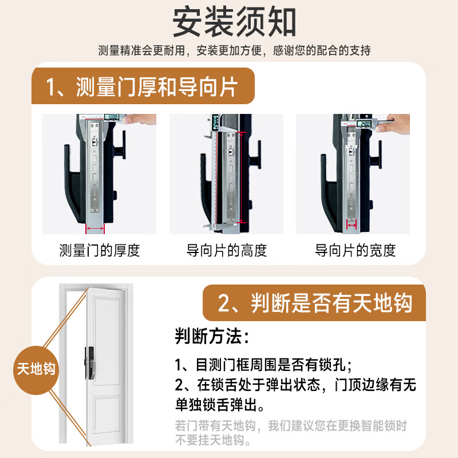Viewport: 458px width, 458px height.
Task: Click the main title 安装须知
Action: click(x=234, y=22)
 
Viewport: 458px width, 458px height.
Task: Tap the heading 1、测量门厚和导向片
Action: click(x=142, y=87)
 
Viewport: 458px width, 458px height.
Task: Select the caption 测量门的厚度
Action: click(x=100, y=250)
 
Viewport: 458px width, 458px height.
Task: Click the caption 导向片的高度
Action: click(x=227, y=250)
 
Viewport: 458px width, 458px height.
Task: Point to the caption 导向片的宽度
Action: click(x=355, y=250)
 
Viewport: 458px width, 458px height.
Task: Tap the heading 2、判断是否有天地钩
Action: click(x=315, y=303)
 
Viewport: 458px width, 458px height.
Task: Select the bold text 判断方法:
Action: click(x=212, y=336)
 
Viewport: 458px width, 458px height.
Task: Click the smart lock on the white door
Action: click(x=90, y=363)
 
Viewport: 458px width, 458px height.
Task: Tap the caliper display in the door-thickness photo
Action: click(x=112, y=117)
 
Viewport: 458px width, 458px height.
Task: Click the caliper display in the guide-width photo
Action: click(x=365, y=124)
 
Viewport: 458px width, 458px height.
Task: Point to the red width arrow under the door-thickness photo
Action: click(x=95, y=229)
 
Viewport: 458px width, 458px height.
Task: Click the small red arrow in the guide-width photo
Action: click(x=352, y=225)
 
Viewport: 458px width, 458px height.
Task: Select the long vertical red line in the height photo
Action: click(x=241, y=177)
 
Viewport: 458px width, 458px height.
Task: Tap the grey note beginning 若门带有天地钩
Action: click(x=291, y=433)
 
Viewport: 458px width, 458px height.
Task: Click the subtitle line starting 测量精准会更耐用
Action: click(x=234, y=50)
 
